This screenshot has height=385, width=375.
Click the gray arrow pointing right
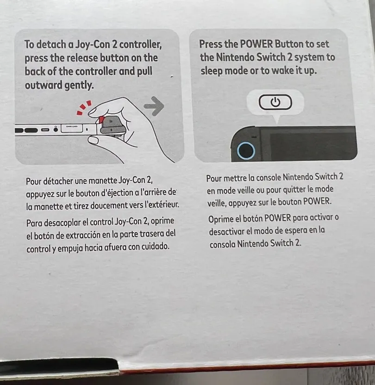point(155,106)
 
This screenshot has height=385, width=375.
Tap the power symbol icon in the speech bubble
point(275,102)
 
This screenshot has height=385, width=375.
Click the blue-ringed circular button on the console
point(246,150)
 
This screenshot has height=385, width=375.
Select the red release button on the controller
point(101,120)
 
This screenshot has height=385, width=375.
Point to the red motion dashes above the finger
point(83,107)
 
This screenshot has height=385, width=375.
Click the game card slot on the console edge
point(72,128)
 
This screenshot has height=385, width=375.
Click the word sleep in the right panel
point(212,71)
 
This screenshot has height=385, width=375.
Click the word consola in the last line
point(223,244)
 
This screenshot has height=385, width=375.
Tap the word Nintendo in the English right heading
point(236,57)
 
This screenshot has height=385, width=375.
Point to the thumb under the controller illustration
point(94,141)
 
